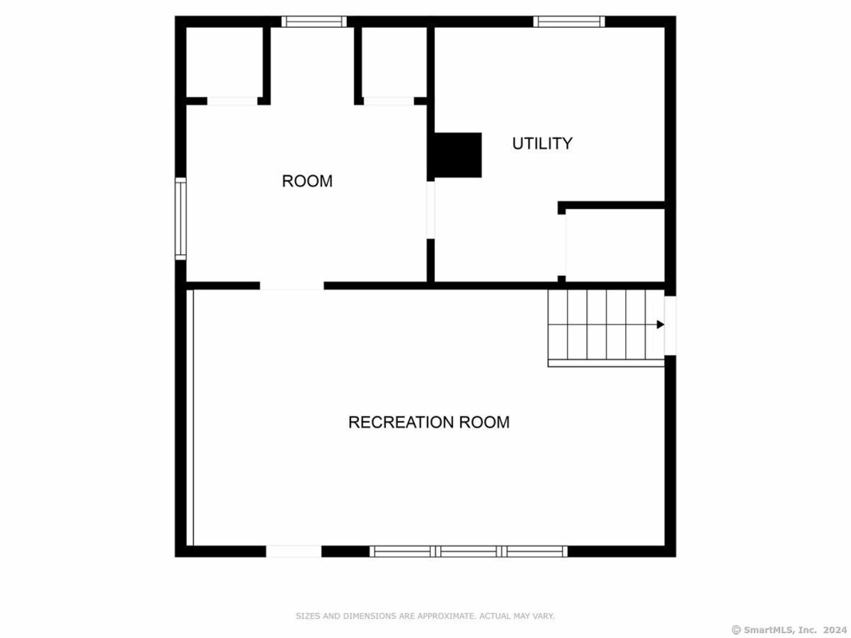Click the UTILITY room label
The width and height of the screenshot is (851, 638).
pos(542,144)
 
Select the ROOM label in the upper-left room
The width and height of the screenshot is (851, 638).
pos(307,181)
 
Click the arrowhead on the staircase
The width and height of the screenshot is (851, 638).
pos(660,325)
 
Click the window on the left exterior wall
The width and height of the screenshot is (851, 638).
pos(181,219)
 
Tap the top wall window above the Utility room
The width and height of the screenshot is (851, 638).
pos(569,22)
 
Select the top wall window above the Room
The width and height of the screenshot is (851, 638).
pos(313,22)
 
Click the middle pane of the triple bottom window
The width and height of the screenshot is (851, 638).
pos(468,551)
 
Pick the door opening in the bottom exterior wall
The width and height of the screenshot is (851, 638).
pos(294,551)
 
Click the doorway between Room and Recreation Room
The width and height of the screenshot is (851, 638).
pos(292,286)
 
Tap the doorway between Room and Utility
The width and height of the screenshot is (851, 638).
pos(431,210)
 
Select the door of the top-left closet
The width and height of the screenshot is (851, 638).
pos(232,101)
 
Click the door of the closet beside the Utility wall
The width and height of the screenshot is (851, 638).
pos(388,101)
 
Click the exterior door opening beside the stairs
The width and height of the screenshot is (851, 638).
pos(670,325)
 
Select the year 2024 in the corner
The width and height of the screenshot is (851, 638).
pos(835,630)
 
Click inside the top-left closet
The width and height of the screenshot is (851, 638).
pos(225,62)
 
